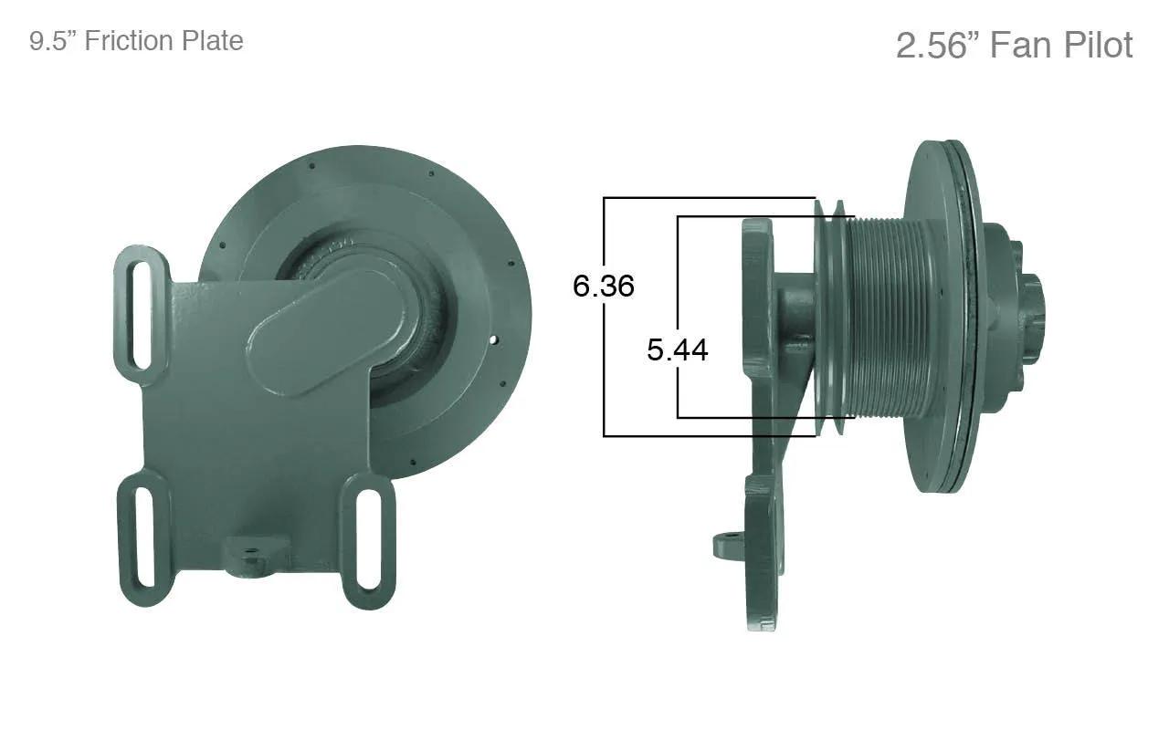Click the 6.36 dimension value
(604, 286)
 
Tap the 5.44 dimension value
(678, 349)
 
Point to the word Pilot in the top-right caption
(1099, 46)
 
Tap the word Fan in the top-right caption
(1022, 46)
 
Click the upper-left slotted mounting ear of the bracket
(142, 315)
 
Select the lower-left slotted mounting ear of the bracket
(144, 537)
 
